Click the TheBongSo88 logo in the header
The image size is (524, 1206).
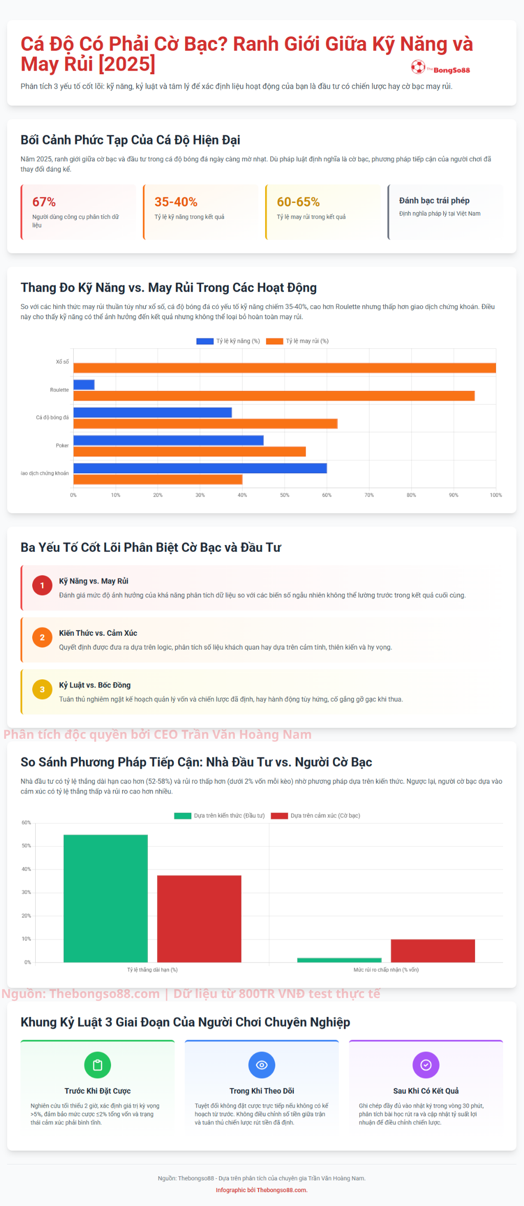(x=440, y=68)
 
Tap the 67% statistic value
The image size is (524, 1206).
(x=44, y=202)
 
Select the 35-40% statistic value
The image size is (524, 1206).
(x=176, y=202)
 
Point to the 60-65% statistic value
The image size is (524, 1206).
(x=298, y=202)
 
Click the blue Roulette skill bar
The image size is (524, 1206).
(x=84, y=385)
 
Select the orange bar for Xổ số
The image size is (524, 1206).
(x=285, y=368)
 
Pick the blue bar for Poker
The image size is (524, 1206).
(x=168, y=441)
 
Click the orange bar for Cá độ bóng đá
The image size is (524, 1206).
(x=205, y=424)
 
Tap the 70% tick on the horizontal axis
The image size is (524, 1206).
(x=369, y=495)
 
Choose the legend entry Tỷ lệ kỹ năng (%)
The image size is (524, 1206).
(x=228, y=341)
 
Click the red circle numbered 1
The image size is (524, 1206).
(x=42, y=586)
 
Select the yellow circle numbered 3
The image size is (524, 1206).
(x=42, y=690)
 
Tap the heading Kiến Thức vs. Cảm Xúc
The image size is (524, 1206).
(x=98, y=633)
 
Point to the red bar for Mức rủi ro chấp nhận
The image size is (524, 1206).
(x=433, y=951)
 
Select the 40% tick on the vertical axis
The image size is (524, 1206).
(x=26, y=869)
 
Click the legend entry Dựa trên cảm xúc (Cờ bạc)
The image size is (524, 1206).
(x=316, y=816)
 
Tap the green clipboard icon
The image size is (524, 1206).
(x=97, y=1065)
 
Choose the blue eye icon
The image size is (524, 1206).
(x=261, y=1065)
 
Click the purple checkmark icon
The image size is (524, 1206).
(x=426, y=1065)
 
